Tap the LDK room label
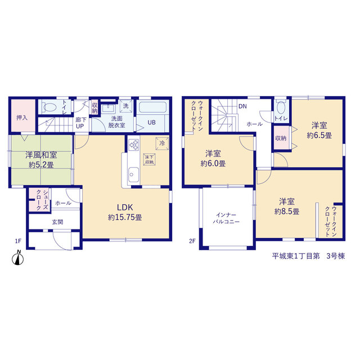125,208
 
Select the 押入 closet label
22,118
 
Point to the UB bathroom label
151,123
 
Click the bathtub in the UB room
152,107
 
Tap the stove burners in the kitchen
134,145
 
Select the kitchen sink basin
133,174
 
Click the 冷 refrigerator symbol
162,143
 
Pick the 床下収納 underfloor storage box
149,159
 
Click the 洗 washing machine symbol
126,106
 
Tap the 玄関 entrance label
57,222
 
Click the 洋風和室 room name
41,155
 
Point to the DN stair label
242,106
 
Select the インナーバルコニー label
226,218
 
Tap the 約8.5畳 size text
287,211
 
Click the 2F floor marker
192,241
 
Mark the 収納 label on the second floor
281,138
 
